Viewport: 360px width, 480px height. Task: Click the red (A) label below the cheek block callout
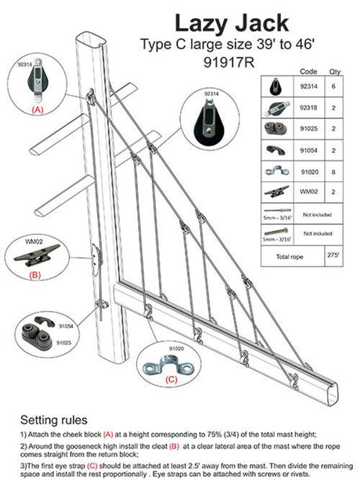[x=37, y=110]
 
